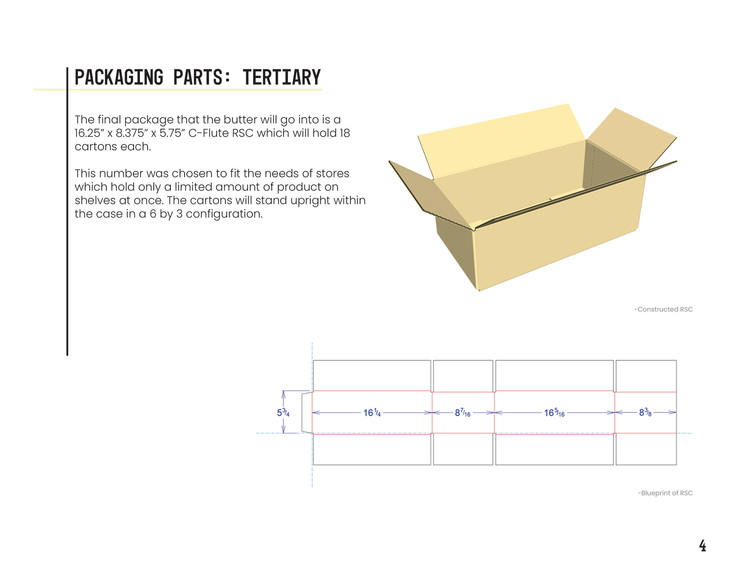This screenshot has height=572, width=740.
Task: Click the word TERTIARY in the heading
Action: tap(282, 77)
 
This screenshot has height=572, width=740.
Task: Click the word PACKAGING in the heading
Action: tap(119, 77)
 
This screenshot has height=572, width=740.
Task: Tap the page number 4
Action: tap(702, 545)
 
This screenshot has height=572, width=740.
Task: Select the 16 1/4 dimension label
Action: tap(372, 413)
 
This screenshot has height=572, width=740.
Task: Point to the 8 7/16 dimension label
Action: tap(462, 413)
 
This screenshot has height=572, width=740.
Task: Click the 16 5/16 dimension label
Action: tap(554, 413)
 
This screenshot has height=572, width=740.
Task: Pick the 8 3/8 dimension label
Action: tap(645, 412)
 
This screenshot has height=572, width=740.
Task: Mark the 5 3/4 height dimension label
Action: tap(283, 412)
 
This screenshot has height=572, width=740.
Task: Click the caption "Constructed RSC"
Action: tap(663, 309)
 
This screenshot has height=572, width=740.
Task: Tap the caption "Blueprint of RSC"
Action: tap(665, 493)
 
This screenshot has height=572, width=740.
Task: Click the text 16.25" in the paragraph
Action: tap(90, 133)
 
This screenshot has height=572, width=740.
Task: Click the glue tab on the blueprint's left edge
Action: tap(307, 412)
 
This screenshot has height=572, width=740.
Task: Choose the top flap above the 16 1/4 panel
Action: tap(372, 375)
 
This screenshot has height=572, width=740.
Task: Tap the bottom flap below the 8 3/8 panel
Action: tap(646, 449)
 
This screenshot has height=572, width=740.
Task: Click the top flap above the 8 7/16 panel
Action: tap(463, 376)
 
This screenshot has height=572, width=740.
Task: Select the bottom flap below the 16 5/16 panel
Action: tap(554, 450)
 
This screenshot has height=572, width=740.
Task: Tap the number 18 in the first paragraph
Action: tap(345, 133)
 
